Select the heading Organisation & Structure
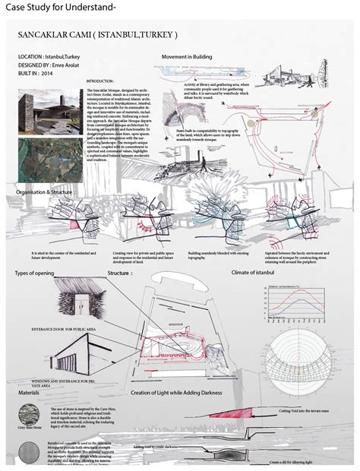pyautogui.click(x=48, y=192)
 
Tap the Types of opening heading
pyautogui.click(x=39, y=272)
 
